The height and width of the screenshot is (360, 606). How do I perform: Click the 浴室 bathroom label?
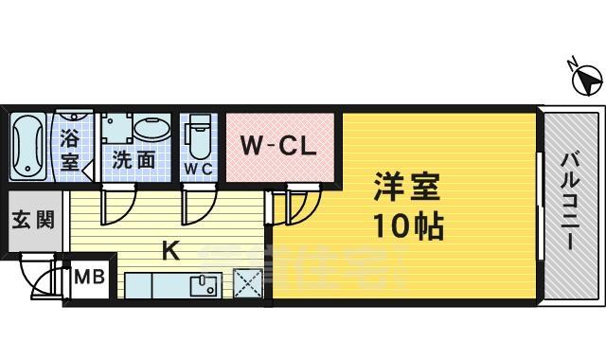pos(70,149)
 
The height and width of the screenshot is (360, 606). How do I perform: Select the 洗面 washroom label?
pos(134,159)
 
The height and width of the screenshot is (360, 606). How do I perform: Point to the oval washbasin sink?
pos(150,129)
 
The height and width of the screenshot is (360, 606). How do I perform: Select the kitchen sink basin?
pos(204,283)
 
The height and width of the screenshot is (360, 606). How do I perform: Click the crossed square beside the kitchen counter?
pos(248,284)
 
